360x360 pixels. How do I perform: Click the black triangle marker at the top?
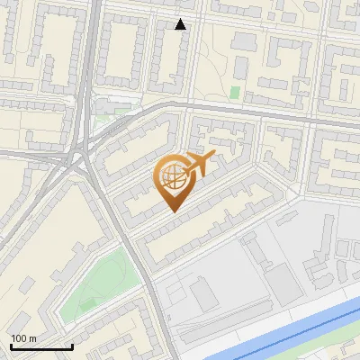tap(181, 24)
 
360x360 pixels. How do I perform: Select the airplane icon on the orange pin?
tap(199, 164)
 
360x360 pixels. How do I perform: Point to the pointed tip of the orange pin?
tap(172, 211)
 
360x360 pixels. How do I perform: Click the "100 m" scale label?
tap(23, 338)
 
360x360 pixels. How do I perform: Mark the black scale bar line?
tap(41, 347)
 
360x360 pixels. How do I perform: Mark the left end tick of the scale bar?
tap(11, 347)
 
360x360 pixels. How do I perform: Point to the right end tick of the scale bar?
tap(72, 347)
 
